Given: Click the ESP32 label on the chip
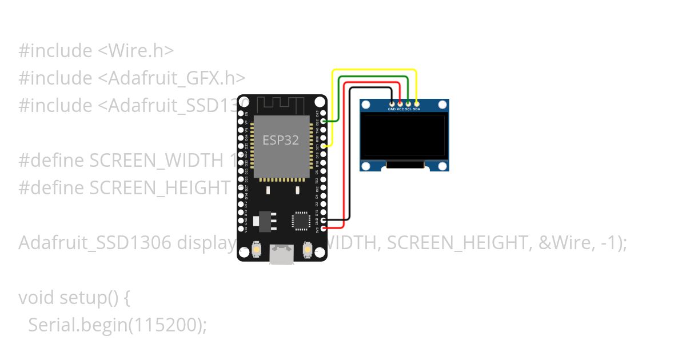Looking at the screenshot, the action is [x=281, y=140].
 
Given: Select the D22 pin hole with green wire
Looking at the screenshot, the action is [x=324, y=121].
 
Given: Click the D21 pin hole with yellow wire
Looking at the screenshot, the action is [x=324, y=146].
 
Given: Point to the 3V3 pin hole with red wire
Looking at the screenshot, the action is [x=324, y=228].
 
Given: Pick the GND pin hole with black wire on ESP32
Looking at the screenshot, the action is [x=324, y=220].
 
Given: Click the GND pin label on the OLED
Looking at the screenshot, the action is [x=392, y=109].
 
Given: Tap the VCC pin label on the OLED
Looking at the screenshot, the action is [x=400, y=109].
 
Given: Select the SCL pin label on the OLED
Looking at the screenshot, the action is [x=408, y=109].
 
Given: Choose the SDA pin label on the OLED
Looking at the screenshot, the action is [x=417, y=109].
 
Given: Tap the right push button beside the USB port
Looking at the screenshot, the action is [x=308, y=250].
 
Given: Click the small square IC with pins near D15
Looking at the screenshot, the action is [x=301, y=221].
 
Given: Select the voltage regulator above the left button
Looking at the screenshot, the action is [x=264, y=221].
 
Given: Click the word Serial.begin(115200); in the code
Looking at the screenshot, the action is [x=117, y=325].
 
